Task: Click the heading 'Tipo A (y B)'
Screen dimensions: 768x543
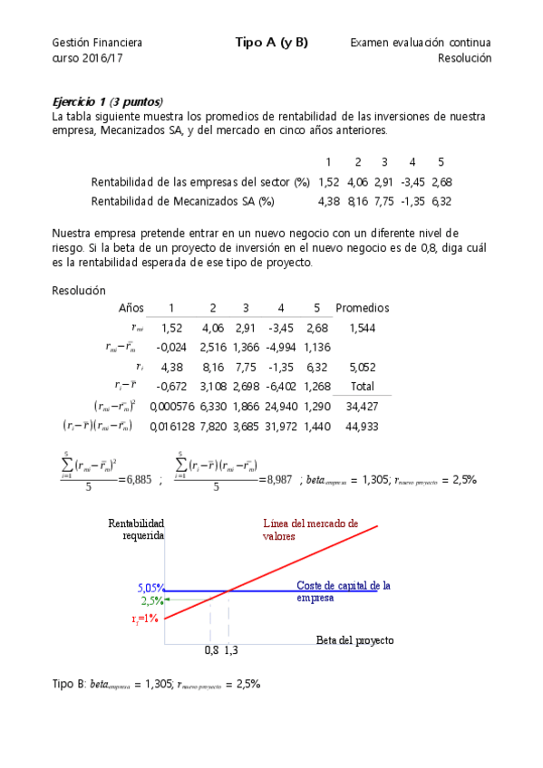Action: tap(272, 42)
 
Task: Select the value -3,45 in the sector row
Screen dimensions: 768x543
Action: tap(412, 182)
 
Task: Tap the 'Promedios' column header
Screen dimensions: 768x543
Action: tap(363, 308)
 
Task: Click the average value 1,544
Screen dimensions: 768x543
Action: tap(363, 327)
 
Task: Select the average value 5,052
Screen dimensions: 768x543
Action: tap(363, 367)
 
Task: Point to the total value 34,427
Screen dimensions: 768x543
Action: tap(363, 406)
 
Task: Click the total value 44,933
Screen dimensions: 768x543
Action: tap(363, 426)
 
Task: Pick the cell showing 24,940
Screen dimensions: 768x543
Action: tap(281, 406)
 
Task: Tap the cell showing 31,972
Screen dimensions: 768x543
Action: tap(281, 426)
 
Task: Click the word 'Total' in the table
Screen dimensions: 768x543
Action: tap(363, 387)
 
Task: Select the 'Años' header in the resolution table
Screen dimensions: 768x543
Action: tap(131, 308)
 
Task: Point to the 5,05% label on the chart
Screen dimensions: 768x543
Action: tap(150, 588)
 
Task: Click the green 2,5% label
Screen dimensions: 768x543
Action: tap(151, 600)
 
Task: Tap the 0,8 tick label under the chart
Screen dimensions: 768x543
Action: tap(211, 650)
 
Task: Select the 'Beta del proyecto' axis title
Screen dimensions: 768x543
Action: tap(354, 639)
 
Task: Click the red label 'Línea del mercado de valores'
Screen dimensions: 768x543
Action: tap(310, 530)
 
